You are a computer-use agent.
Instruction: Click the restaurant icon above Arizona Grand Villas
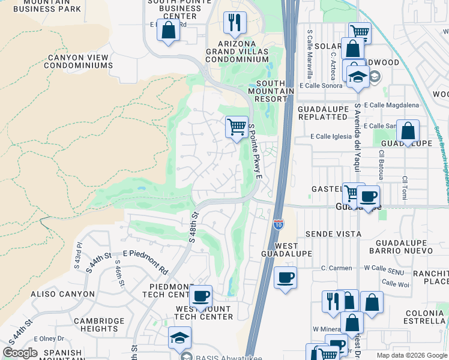pyautogui.click(x=235, y=23)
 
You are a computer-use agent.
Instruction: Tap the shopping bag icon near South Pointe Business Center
pyautogui.click(x=168, y=31)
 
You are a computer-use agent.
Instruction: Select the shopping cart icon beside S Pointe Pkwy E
pyautogui.click(x=237, y=127)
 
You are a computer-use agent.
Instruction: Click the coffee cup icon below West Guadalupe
pyautogui.click(x=285, y=278)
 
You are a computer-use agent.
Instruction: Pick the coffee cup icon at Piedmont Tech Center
pyautogui.click(x=201, y=296)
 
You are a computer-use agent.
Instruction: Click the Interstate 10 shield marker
pyautogui.click(x=279, y=224)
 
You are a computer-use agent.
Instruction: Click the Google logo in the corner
pyautogui.click(x=20, y=352)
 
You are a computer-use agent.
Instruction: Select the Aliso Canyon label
pyautogui.click(x=62, y=294)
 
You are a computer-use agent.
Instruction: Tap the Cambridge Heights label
pyautogui.click(x=99, y=325)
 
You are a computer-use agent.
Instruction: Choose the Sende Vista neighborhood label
pyautogui.click(x=333, y=233)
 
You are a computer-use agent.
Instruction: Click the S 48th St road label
pyautogui.click(x=193, y=227)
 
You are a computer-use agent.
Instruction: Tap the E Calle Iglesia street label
pyautogui.click(x=331, y=136)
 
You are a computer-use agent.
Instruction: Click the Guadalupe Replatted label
pyautogui.click(x=322, y=113)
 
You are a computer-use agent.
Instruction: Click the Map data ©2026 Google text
pyautogui.click(x=411, y=355)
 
